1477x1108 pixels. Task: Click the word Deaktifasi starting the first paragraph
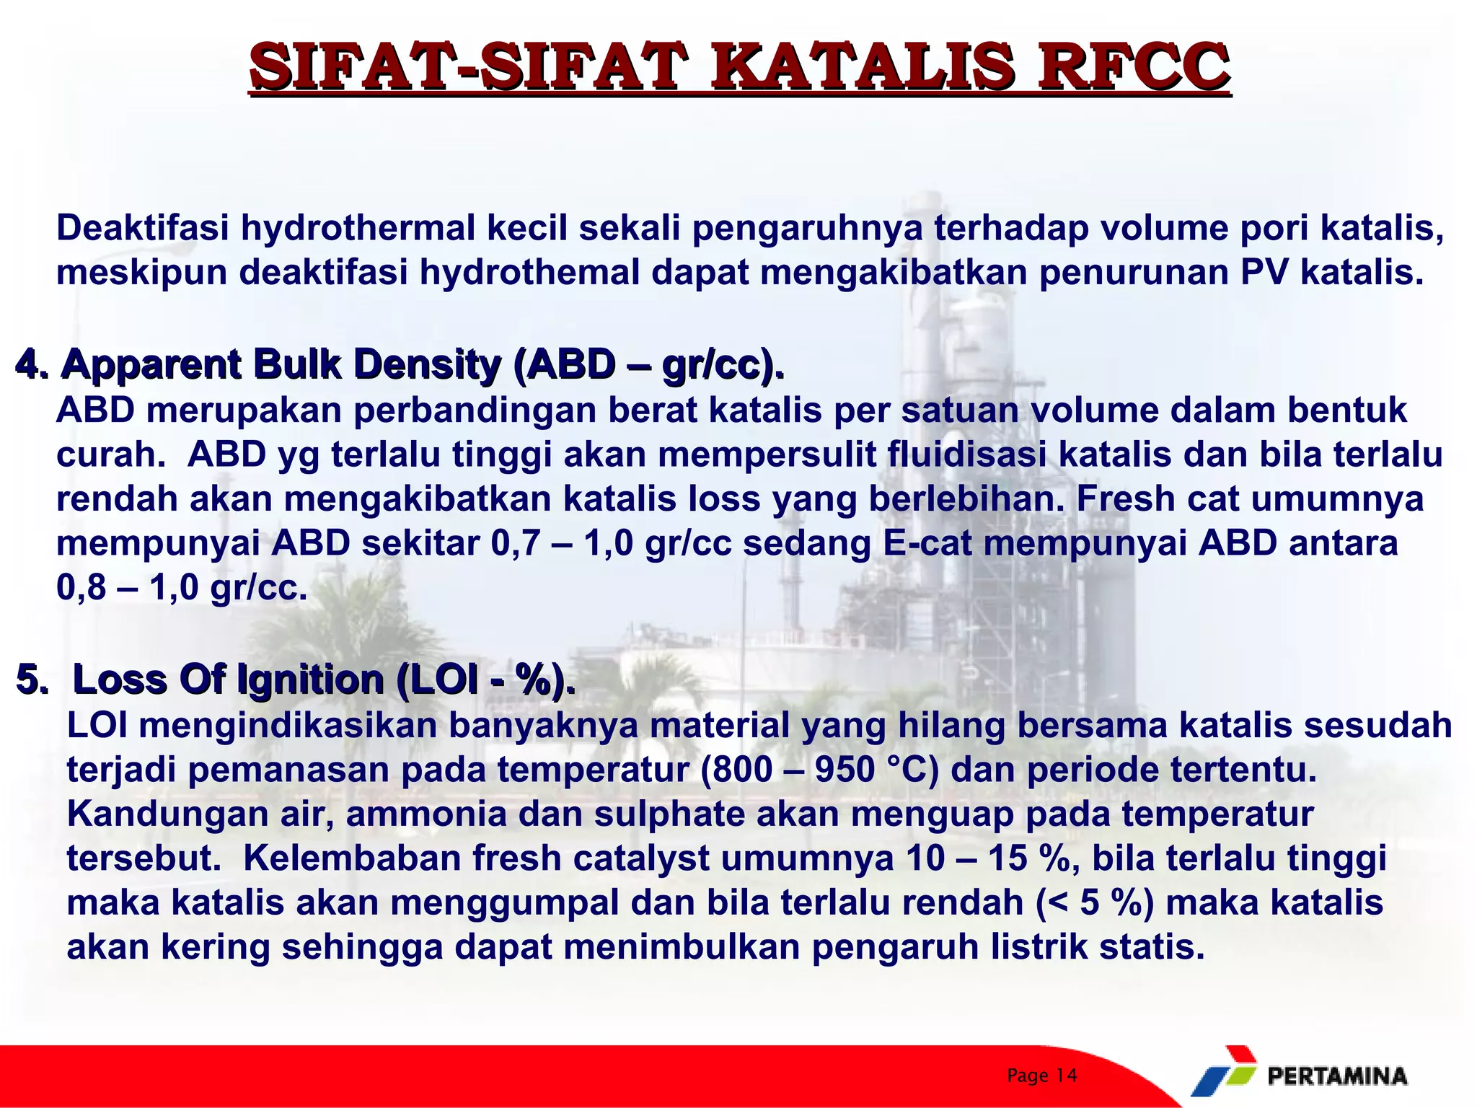(x=143, y=228)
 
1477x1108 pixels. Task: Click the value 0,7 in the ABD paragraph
(x=514, y=543)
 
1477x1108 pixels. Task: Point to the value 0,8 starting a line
(x=81, y=589)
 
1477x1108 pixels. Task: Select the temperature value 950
(x=845, y=770)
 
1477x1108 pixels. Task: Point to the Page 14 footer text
(x=1041, y=1076)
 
